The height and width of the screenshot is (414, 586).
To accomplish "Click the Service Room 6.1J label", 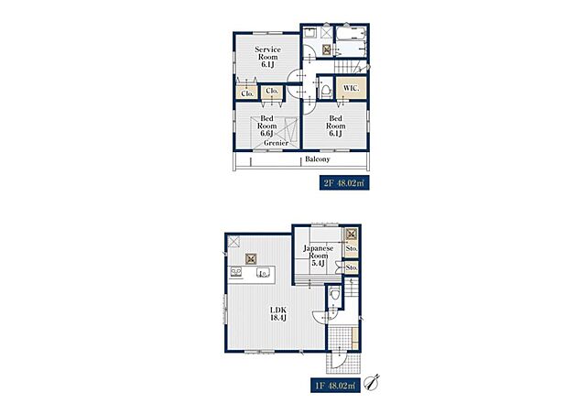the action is pyautogui.click(x=268, y=57).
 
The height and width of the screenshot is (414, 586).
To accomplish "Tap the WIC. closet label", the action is pyautogui.click(x=352, y=89).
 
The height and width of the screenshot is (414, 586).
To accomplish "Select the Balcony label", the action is pyautogui.click(x=318, y=159).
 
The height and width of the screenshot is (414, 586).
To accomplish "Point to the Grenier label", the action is pyautogui.click(x=276, y=143).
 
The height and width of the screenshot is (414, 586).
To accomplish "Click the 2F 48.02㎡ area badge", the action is pyautogui.click(x=344, y=183).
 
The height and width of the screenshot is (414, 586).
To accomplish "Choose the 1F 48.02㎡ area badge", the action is pyautogui.click(x=335, y=386).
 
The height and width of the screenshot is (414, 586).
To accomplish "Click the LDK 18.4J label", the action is pyautogui.click(x=278, y=314).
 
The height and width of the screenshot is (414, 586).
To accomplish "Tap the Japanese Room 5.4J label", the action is pyautogui.click(x=318, y=256).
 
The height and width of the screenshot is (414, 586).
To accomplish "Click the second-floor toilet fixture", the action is pyautogui.click(x=326, y=90).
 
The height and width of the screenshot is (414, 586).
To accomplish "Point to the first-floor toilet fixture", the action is pyautogui.click(x=335, y=295).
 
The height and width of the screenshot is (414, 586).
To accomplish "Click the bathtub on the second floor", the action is pyautogui.click(x=351, y=33).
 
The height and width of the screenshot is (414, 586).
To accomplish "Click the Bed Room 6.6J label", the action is pyautogui.click(x=266, y=126).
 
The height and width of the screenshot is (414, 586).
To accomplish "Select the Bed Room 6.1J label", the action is pyautogui.click(x=335, y=126).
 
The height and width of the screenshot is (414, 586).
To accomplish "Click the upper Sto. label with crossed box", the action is pyautogui.click(x=352, y=248).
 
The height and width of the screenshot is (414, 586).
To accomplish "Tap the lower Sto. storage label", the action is pyautogui.click(x=352, y=267).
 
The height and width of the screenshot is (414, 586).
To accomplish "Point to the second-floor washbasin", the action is pyautogui.click(x=310, y=33).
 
